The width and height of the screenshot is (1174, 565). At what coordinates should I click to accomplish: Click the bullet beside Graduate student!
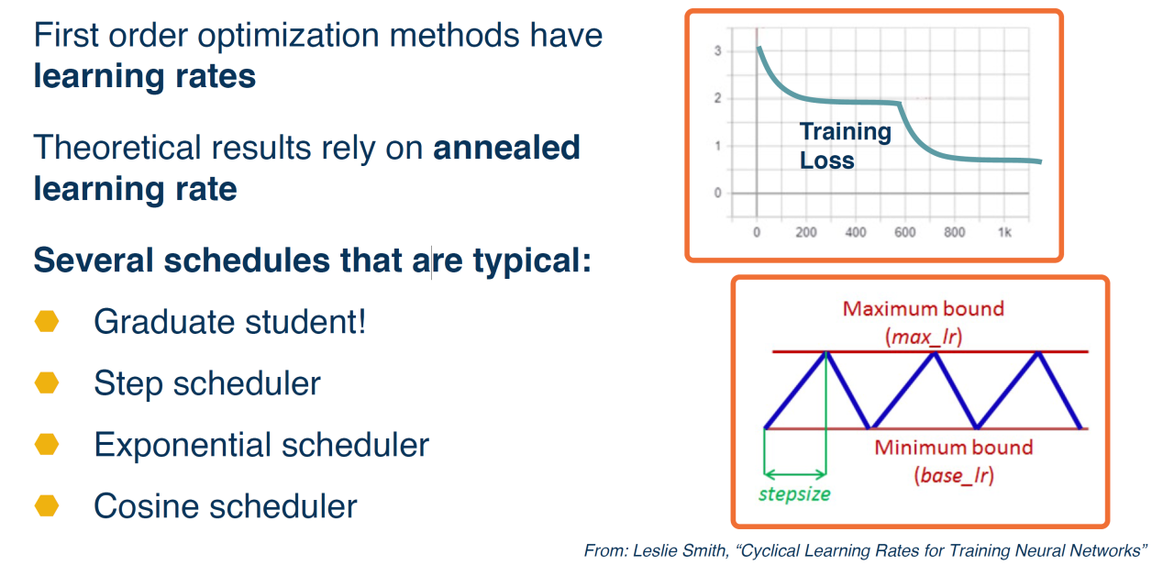(x=47, y=321)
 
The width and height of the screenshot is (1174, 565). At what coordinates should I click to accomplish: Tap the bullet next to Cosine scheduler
(x=47, y=505)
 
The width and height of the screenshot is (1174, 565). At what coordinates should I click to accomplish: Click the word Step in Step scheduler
(x=128, y=384)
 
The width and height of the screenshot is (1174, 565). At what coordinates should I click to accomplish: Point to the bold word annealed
(x=507, y=148)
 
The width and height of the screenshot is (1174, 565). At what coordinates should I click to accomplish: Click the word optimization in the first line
(x=288, y=37)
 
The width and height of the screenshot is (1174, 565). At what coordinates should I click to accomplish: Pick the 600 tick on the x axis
(x=905, y=232)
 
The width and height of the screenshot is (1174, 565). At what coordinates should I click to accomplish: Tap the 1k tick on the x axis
(x=1004, y=232)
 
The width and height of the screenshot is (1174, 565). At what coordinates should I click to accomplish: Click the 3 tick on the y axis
(x=717, y=50)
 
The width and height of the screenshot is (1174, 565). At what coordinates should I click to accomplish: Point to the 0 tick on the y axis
(x=717, y=193)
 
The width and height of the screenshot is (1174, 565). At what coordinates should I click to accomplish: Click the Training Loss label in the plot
(x=845, y=146)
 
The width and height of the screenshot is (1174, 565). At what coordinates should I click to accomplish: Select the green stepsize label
(x=794, y=494)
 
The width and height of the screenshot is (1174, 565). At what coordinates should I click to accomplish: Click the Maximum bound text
(x=924, y=309)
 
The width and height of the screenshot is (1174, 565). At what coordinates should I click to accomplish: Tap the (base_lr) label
(x=954, y=475)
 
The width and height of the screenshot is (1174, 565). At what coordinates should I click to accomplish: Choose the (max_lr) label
(x=924, y=337)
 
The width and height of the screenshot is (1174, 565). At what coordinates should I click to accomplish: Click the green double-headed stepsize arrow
(x=795, y=475)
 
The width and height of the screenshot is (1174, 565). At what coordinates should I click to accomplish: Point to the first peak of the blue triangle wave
(x=826, y=353)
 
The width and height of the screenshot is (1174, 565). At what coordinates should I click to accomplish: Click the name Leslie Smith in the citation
(x=681, y=551)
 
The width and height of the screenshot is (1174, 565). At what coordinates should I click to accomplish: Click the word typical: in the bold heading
(x=532, y=261)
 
